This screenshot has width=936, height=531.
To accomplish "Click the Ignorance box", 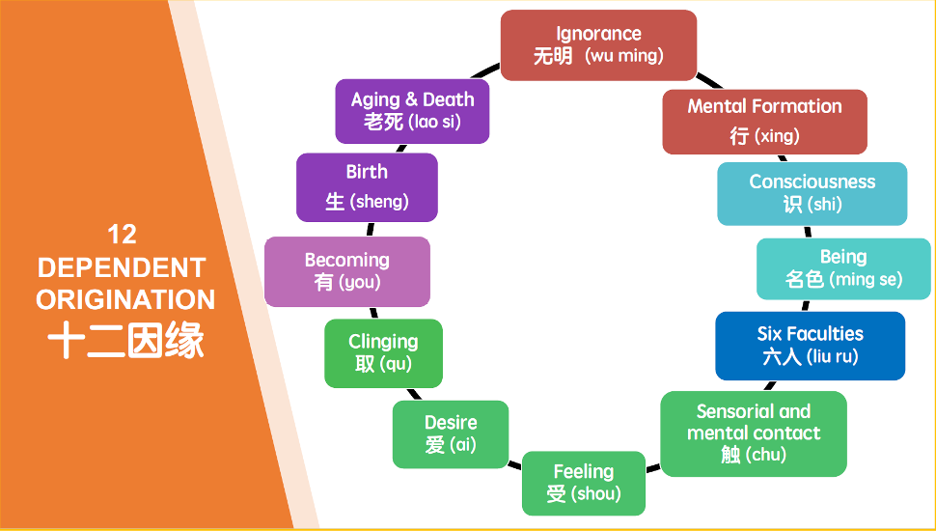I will [598, 44].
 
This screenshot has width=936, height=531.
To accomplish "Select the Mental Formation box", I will [764, 121].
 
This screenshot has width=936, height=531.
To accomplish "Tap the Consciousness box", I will [812, 193].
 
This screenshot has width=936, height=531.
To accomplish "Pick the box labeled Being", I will [842, 268].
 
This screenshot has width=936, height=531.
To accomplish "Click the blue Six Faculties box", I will [810, 345].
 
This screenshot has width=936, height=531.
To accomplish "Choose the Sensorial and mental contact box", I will [753, 433].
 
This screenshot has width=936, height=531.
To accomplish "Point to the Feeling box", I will [583, 483].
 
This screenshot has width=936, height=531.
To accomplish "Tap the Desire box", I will [450, 433].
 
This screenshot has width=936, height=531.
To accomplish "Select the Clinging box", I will [383, 353].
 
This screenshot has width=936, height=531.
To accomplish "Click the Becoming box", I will [346, 271].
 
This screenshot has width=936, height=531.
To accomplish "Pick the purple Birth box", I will [367, 186].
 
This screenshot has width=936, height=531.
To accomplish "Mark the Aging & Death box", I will [412, 111].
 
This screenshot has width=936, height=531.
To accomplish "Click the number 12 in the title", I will [122, 234].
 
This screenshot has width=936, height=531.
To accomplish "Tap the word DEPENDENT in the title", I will [122, 267].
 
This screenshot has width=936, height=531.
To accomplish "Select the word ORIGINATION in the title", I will [125, 300].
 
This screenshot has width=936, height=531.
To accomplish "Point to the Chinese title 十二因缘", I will [125, 341].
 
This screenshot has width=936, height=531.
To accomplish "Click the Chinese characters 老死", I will [383, 123].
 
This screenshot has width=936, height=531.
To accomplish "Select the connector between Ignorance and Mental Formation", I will [708, 80].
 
